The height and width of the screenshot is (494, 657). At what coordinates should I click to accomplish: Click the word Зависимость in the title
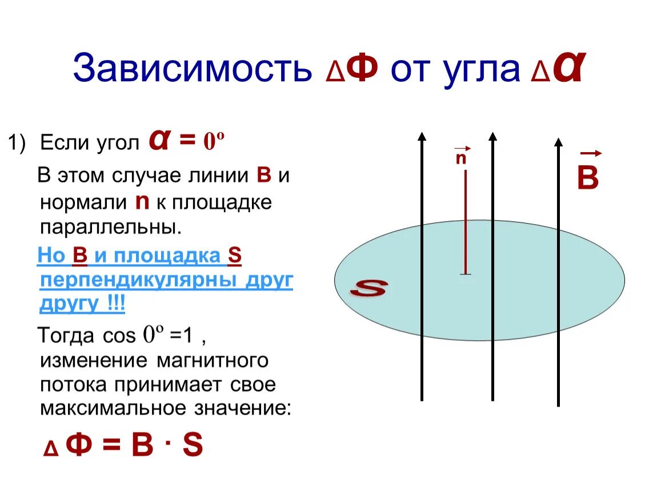tap(191, 69)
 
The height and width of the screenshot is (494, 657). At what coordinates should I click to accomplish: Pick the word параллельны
tap(111, 226)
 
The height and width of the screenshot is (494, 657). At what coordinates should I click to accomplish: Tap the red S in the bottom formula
tap(193, 445)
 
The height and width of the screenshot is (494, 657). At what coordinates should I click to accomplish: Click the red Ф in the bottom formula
tap(79, 445)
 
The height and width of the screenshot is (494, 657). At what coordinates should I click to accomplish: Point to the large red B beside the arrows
tap(587, 178)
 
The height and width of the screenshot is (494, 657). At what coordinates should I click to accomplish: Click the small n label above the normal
tap(460, 158)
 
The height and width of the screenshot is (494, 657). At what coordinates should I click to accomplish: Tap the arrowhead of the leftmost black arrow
tap(422, 136)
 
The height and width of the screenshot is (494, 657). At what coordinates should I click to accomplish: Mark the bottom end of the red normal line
tap(466, 274)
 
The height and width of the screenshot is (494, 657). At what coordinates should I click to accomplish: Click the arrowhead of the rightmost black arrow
tap(558, 142)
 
